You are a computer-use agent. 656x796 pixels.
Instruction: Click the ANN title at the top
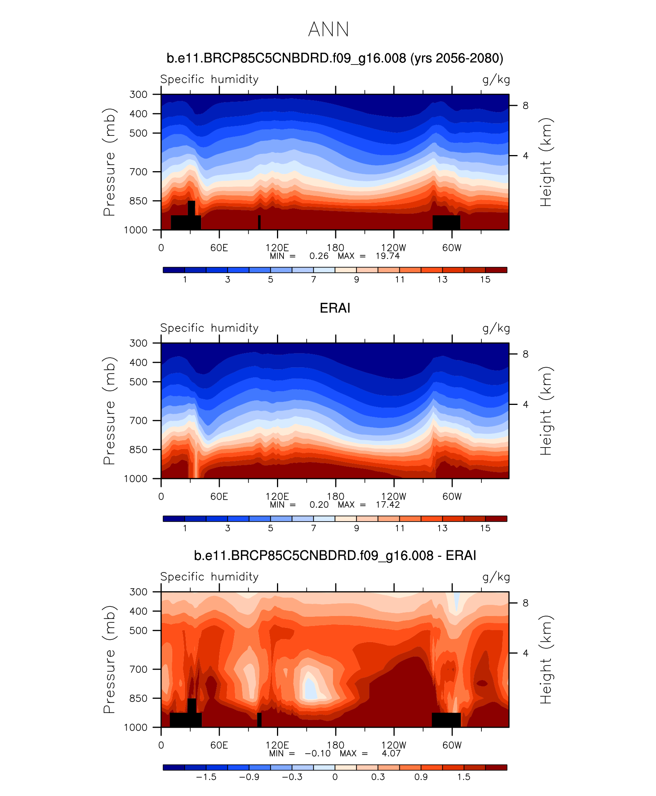[328, 30]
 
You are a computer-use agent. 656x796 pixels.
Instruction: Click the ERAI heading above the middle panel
[335, 308]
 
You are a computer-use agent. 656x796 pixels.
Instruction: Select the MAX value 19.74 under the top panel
[387, 256]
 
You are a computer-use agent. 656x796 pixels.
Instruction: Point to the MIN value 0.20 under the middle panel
[319, 505]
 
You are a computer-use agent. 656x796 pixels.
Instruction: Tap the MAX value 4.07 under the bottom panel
[391, 753]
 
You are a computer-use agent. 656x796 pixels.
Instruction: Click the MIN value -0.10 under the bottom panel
[318, 753]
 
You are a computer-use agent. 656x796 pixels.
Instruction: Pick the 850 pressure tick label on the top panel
[138, 201]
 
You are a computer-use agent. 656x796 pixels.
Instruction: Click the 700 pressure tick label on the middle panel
[138, 421]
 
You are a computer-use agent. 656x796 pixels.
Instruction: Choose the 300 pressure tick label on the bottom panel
[138, 592]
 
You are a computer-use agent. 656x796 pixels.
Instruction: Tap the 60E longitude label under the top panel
[219, 248]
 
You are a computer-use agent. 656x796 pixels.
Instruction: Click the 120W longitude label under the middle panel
[394, 497]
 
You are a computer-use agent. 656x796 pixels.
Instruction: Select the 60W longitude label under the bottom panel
[452, 745]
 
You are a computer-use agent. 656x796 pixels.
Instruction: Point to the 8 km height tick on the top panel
[526, 106]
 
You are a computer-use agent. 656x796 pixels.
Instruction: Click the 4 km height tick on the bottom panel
[526, 653]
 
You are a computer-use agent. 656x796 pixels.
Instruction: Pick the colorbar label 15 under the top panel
[485, 280]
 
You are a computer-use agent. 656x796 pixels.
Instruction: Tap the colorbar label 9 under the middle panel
[356, 528]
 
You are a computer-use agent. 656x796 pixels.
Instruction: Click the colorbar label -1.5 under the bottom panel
[206, 777]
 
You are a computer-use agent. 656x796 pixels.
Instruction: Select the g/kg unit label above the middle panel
[496, 329]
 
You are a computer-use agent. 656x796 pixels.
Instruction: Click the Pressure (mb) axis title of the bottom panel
[109, 659]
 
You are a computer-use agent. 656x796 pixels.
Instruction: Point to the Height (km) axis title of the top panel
[546, 162]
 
